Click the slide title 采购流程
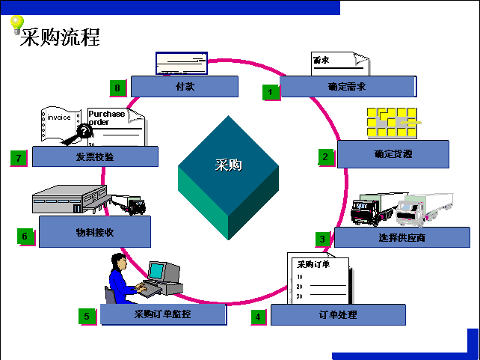click(x=61, y=37)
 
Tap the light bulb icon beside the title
click(x=16, y=25)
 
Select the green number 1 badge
click(x=271, y=92)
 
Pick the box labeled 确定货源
click(x=393, y=154)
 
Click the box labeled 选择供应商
click(x=401, y=238)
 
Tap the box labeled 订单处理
click(x=337, y=315)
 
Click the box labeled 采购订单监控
click(x=163, y=314)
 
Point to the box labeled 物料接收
click(x=94, y=232)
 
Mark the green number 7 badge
click(x=19, y=158)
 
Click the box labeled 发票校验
click(x=94, y=156)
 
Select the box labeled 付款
click(x=185, y=87)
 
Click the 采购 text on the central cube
click(x=228, y=165)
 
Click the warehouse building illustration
click(x=70, y=201)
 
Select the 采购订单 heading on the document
click(x=313, y=264)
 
